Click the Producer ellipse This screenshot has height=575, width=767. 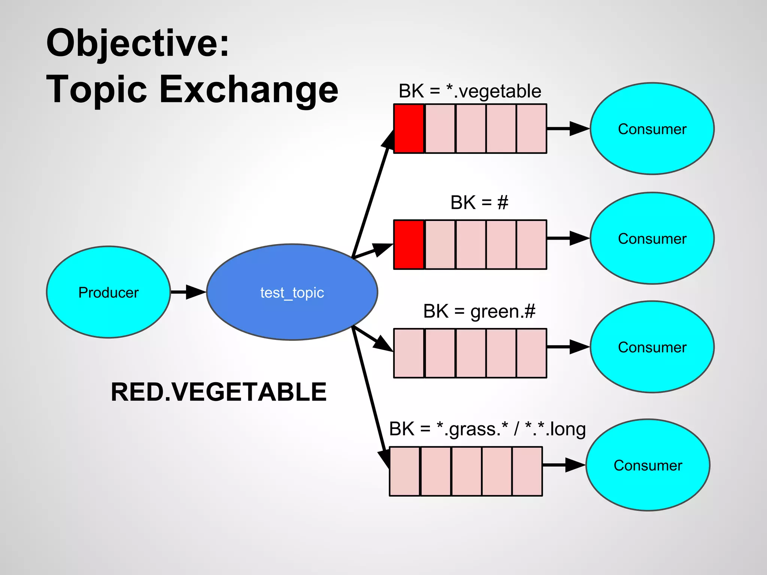(108, 292)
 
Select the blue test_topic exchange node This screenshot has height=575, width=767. (292, 292)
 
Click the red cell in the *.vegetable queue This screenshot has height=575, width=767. (409, 128)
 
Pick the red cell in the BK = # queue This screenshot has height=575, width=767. (409, 244)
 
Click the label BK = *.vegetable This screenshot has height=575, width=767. (470, 91)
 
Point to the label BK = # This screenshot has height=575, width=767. (479, 203)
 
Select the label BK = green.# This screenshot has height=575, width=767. (479, 311)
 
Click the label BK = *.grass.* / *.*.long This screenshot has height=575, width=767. (487, 429)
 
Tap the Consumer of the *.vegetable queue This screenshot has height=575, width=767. (652, 128)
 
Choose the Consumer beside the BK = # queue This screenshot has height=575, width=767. (652, 238)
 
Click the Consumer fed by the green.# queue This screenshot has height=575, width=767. (652, 347)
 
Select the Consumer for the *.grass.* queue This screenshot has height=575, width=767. (648, 465)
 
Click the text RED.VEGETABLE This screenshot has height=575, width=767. (218, 392)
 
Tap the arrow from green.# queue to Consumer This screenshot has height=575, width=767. (568, 347)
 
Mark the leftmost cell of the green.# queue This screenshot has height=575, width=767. (409, 353)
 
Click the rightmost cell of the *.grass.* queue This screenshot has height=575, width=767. (527, 471)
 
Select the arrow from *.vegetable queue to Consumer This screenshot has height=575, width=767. (568, 128)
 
